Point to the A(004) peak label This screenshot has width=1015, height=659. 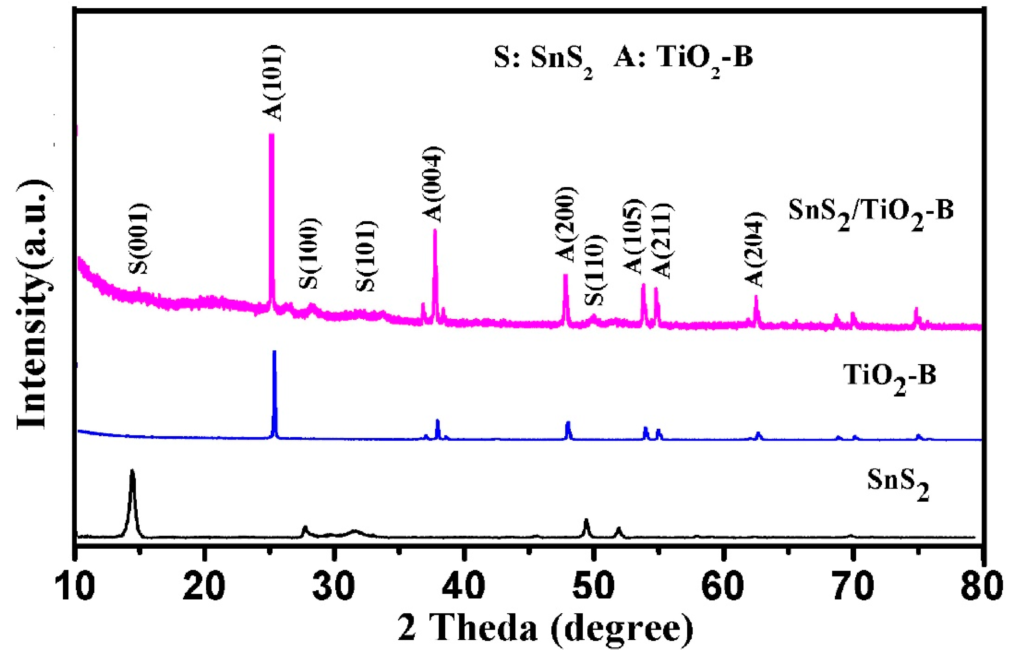click(x=433, y=184)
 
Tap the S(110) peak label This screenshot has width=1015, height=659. click(x=594, y=270)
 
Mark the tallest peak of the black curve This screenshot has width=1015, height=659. click(x=132, y=471)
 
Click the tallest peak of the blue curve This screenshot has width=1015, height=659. click(x=274, y=351)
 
